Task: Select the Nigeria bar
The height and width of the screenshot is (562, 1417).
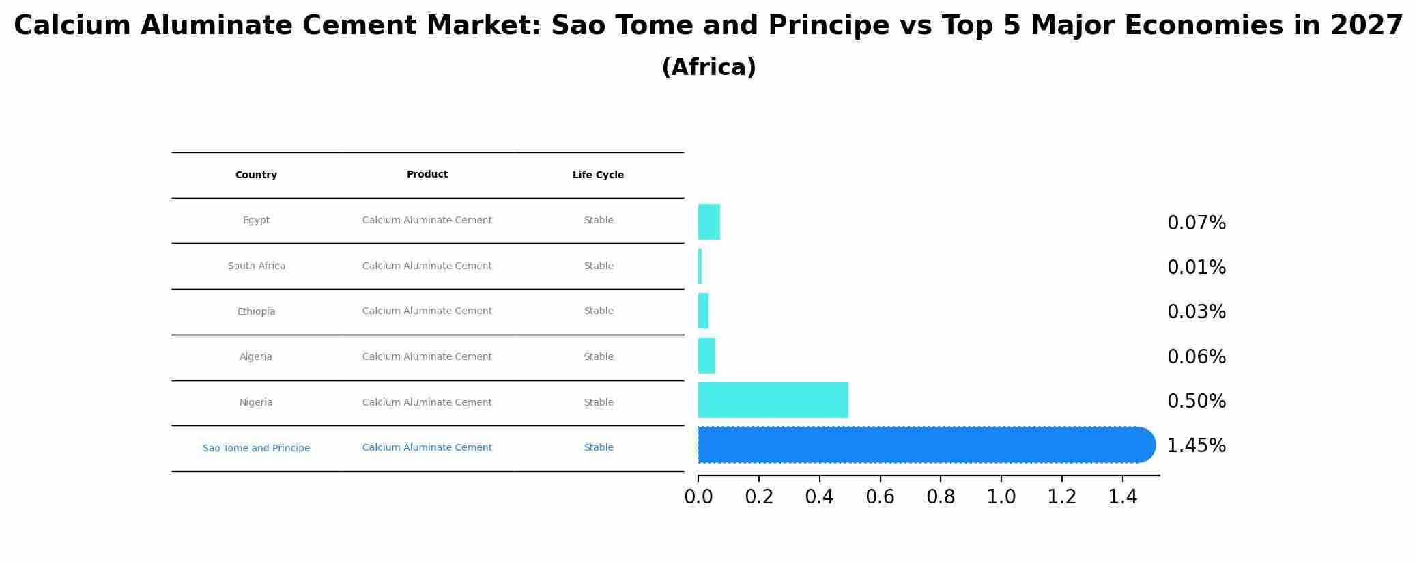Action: [773, 400]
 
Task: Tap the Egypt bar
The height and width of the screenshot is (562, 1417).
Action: [708, 222]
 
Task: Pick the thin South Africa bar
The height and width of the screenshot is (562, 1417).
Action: [700, 266]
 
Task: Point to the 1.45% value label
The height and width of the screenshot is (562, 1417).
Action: [1196, 446]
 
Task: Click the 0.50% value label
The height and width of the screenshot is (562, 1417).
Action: [1196, 402]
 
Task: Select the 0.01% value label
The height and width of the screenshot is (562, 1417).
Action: [1196, 268]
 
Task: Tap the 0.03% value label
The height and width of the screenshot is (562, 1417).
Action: [1196, 312]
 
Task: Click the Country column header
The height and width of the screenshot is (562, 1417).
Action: [256, 175]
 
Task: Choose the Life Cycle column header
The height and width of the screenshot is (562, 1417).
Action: [598, 175]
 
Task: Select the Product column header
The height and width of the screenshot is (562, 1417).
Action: [427, 175]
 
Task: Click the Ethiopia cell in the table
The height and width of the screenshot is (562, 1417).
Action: [256, 311]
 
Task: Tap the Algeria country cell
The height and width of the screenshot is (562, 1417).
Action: [256, 356]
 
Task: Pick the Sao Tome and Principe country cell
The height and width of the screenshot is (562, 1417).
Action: [256, 448]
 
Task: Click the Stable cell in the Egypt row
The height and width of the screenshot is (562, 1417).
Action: [598, 220]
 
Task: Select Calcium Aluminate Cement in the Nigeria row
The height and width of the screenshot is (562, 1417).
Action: [427, 402]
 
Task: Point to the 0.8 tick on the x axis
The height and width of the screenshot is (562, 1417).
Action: [941, 497]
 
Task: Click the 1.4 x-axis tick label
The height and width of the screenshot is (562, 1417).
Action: [1122, 497]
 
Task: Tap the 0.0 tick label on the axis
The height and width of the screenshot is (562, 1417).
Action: [698, 497]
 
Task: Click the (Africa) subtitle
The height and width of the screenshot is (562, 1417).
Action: [708, 68]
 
